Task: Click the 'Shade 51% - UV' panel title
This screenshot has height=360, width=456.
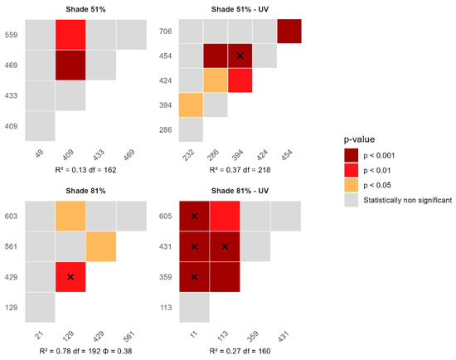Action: pyautogui.click(x=240, y=9)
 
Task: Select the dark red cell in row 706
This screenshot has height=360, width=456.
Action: pyautogui.click(x=289, y=32)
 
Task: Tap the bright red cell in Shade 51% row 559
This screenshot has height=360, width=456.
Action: pyautogui.click(x=70, y=35)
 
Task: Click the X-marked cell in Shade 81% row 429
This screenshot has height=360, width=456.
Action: pyautogui.click(x=70, y=277)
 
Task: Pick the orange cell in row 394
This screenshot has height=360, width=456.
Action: pyautogui.click(x=191, y=105)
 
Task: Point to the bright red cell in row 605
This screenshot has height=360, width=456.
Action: pyautogui.click(x=225, y=216)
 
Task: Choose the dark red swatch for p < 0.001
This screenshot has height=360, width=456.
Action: pyautogui.click(x=351, y=155)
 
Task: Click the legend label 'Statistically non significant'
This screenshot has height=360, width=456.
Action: pyautogui.click(x=407, y=200)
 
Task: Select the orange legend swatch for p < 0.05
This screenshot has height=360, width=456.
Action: pyautogui.click(x=351, y=185)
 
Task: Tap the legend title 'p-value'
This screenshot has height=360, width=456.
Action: pyautogui.click(x=359, y=139)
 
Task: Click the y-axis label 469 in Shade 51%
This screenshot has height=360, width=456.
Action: pyautogui.click(x=11, y=66)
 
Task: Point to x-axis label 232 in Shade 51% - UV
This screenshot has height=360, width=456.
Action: pyautogui.click(x=189, y=155)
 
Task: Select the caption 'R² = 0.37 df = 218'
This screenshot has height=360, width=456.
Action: pyautogui.click(x=240, y=170)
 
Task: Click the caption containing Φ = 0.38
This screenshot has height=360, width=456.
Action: pyautogui.click(x=85, y=351)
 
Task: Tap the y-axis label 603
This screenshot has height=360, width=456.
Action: pyautogui.click(x=11, y=216)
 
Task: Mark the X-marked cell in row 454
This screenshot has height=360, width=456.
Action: pyautogui.click(x=240, y=56)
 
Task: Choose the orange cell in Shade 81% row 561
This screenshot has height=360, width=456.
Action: pyautogui.click(x=101, y=246)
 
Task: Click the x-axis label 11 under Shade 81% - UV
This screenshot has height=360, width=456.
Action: pyautogui.click(x=194, y=333)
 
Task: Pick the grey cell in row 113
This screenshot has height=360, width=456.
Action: pyautogui.click(x=194, y=307)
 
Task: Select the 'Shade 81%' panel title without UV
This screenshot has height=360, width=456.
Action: pyautogui.click(x=85, y=191)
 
